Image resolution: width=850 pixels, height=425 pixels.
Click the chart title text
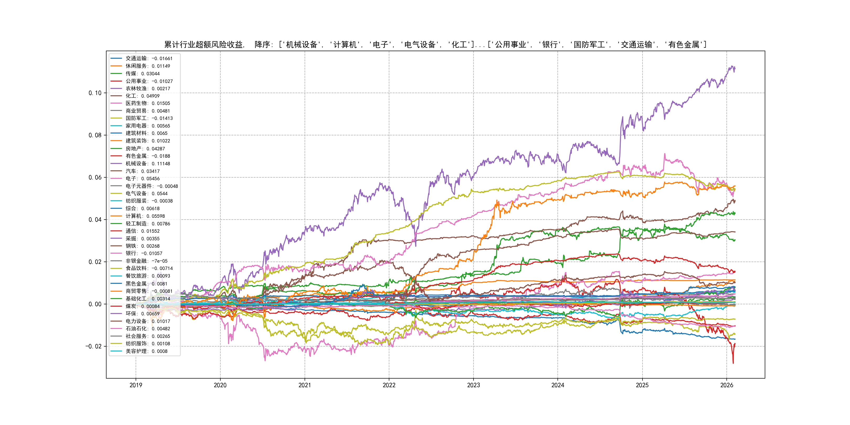click(x=435, y=45)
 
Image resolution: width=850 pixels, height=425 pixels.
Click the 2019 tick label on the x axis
click(x=136, y=385)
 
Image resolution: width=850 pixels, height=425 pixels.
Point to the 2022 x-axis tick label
click(x=389, y=385)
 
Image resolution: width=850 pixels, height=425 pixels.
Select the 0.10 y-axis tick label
click(x=95, y=93)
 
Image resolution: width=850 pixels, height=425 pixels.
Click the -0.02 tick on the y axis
click(x=94, y=347)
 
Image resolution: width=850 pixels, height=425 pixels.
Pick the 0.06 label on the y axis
click(x=95, y=178)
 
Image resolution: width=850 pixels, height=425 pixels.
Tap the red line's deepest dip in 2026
click(x=733, y=363)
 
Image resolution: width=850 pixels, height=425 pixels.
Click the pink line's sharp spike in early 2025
click(x=665, y=153)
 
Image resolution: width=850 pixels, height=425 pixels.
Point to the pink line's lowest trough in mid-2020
click(x=265, y=360)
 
